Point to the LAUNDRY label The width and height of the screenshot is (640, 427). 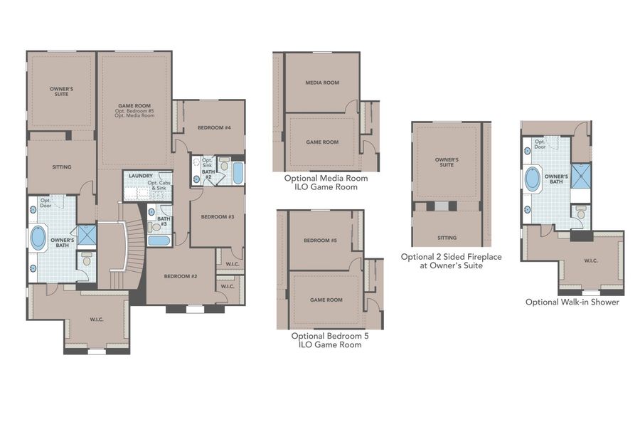coord(141,175)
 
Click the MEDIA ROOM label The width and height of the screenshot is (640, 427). coord(322,83)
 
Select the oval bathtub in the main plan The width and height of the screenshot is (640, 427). coord(38,238)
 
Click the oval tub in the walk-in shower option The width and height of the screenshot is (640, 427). coord(533,179)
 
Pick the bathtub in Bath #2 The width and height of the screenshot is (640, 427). coord(237,172)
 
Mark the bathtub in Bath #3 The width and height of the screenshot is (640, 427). coord(159,241)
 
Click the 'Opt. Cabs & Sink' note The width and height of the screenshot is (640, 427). coord(159,186)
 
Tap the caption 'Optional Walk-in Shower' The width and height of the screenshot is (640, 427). coord(572,302)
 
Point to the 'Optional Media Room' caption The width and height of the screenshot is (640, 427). coord(326,178)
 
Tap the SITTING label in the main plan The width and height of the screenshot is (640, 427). coord(62,167)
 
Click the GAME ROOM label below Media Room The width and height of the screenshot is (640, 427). coord(322,142)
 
